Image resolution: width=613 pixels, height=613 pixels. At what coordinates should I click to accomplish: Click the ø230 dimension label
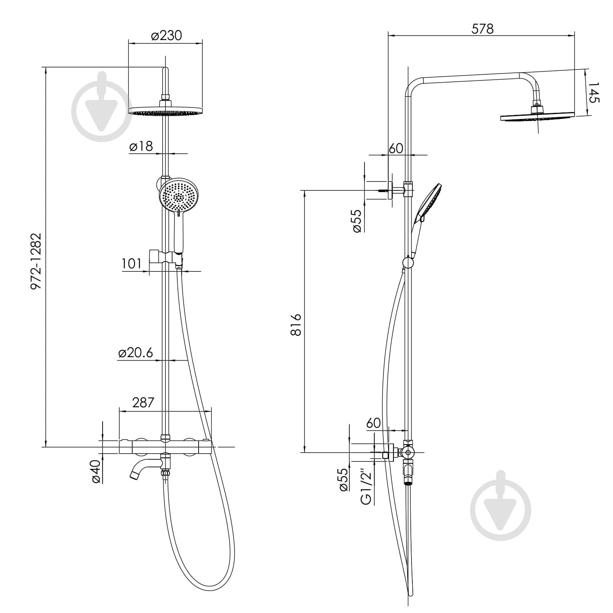(166, 36)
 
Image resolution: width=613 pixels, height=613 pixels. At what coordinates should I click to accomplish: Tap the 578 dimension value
(482, 29)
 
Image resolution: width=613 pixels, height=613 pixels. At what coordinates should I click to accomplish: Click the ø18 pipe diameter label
(141, 146)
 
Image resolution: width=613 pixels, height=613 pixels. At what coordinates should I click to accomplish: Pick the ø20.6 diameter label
(135, 353)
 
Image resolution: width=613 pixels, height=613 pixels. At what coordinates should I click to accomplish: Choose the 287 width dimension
(143, 403)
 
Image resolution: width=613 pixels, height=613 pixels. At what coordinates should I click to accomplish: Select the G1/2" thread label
(367, 488)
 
